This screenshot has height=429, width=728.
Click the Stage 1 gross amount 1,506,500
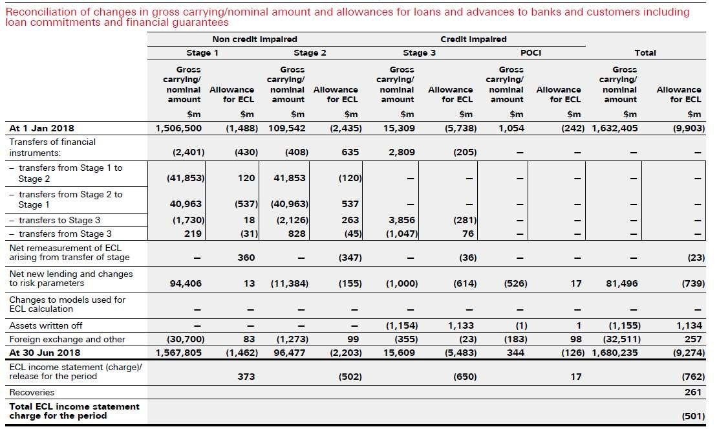(178, 128)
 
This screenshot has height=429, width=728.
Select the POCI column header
(530, 52)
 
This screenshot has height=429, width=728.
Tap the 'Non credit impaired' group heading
(254, 39)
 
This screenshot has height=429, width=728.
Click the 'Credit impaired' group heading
(473, 39)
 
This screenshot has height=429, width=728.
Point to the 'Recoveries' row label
(32, 392)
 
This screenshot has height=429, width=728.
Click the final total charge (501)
(693, 416)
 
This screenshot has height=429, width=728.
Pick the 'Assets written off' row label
(45, 325)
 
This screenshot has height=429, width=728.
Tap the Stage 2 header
(310, 52)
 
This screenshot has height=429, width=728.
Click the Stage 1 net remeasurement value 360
(246, 258)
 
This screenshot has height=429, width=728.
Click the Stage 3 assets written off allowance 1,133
(461, 325)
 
